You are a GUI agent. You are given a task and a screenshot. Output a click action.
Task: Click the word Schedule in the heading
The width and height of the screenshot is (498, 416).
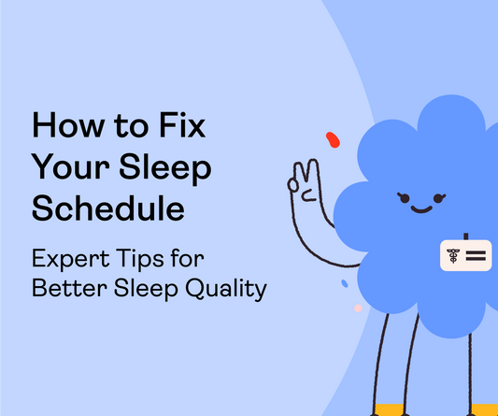point(107,208)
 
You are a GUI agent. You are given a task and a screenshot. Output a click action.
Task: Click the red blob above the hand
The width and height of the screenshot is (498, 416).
point(332,140)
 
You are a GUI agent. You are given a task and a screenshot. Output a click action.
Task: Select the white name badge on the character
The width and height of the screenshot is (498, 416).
point(465,254)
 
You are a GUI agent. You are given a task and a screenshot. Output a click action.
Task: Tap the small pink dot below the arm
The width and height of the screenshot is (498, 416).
point(358,307)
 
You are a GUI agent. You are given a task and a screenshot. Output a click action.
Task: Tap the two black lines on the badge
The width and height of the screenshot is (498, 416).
point(476,254)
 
